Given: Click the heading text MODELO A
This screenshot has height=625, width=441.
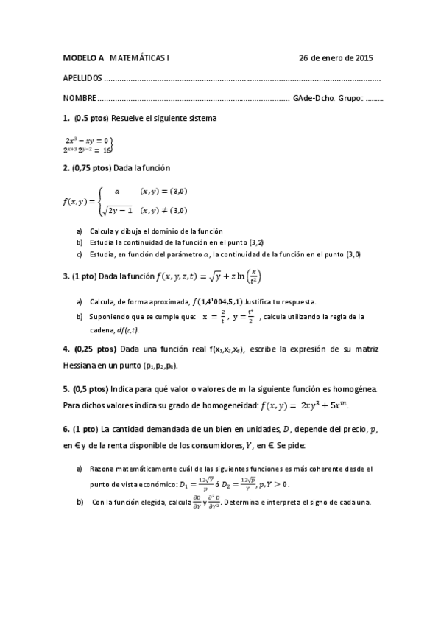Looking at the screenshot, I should point(83,57).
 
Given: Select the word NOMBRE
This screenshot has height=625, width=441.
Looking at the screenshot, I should point(79,98).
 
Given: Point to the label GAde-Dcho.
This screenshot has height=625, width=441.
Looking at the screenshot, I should point(314,98).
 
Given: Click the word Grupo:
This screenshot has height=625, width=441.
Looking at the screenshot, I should point(350,98).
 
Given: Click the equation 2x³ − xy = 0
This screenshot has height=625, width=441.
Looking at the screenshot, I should point(87,139).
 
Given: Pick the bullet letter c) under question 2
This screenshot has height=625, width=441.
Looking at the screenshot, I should point(80,254).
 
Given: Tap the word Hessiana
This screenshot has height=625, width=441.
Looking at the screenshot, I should point(81,365).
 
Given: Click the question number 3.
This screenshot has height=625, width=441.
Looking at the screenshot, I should point(66,277).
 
